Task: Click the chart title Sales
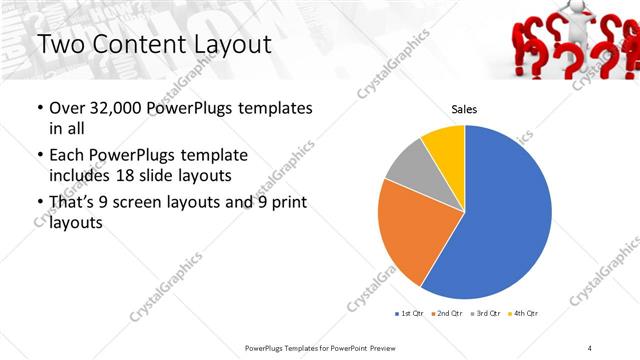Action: click(464, 110)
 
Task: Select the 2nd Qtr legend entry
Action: click(446, 314)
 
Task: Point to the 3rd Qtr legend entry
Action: click(484, 314)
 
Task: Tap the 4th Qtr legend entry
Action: click(523, 314)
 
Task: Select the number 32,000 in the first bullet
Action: click(114, 108)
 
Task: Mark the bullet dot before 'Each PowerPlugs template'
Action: click(39, 156)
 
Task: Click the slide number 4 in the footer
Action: click(590, 347)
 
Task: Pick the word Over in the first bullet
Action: click(67, 108)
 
